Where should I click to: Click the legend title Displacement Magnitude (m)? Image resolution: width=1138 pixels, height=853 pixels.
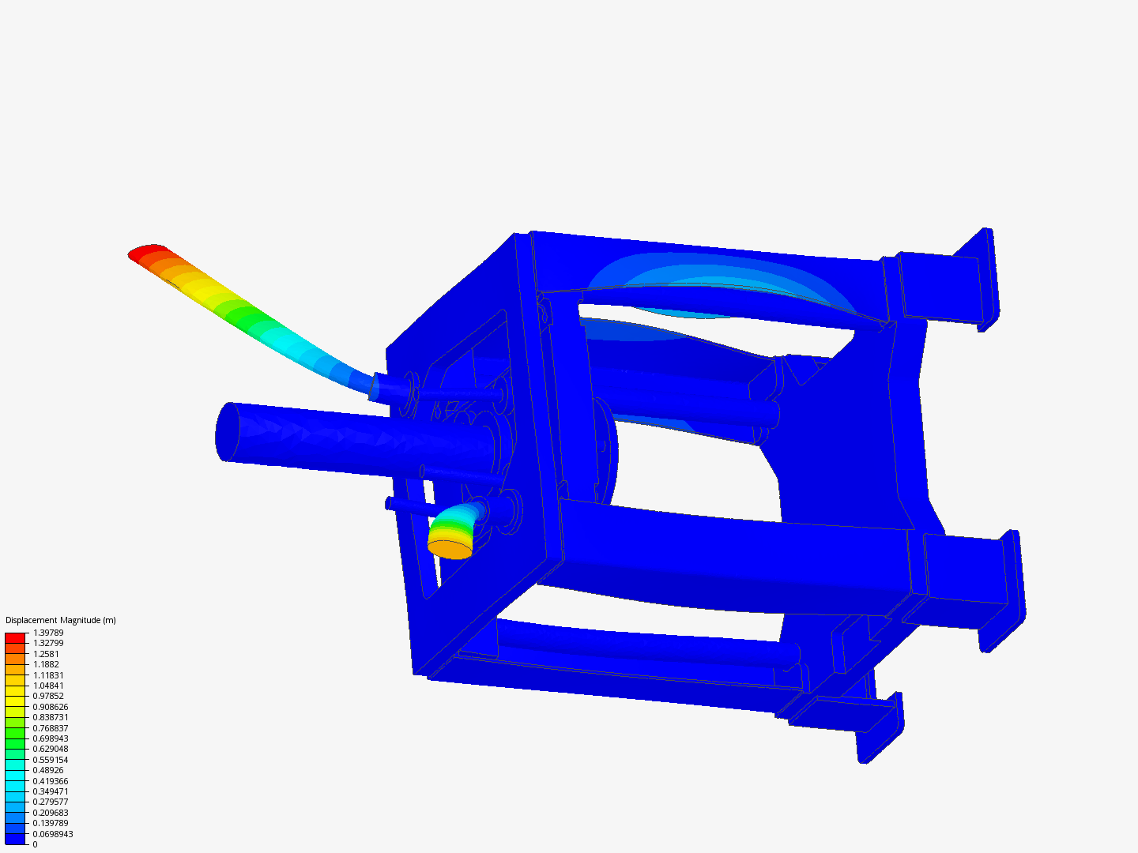point(61,620)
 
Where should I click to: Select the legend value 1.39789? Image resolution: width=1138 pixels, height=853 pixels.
point(48,633)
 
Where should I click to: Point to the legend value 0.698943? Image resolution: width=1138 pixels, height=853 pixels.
point(51,738)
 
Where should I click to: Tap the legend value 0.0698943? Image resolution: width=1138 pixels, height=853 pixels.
point(53,834)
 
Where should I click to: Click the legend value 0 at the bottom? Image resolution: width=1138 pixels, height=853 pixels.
point(35,844)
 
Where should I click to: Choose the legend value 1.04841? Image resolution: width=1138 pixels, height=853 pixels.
point(48,686)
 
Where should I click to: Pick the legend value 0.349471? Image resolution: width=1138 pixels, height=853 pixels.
point(51,791)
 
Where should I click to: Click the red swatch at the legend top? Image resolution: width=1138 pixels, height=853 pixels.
point(15,637)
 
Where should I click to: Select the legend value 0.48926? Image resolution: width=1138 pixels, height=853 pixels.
point(48,770)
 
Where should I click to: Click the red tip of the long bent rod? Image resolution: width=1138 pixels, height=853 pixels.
point(148,252)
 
